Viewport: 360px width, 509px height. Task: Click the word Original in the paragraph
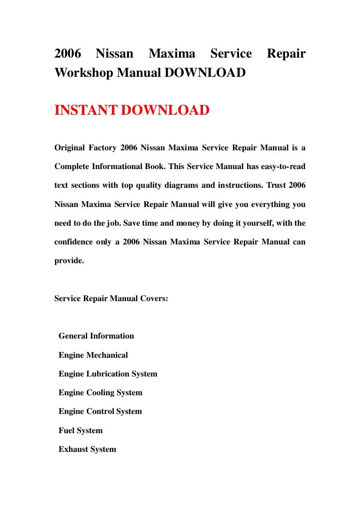(x=69, y=148)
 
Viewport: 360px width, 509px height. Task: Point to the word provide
(x=69, y=261)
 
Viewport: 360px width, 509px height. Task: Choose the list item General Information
(x=96, y=336)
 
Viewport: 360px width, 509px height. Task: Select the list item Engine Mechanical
(x=93, y=355)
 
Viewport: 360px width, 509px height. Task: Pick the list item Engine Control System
(x=100, y=412)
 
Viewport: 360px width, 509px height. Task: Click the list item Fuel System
(x=80, y=431)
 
